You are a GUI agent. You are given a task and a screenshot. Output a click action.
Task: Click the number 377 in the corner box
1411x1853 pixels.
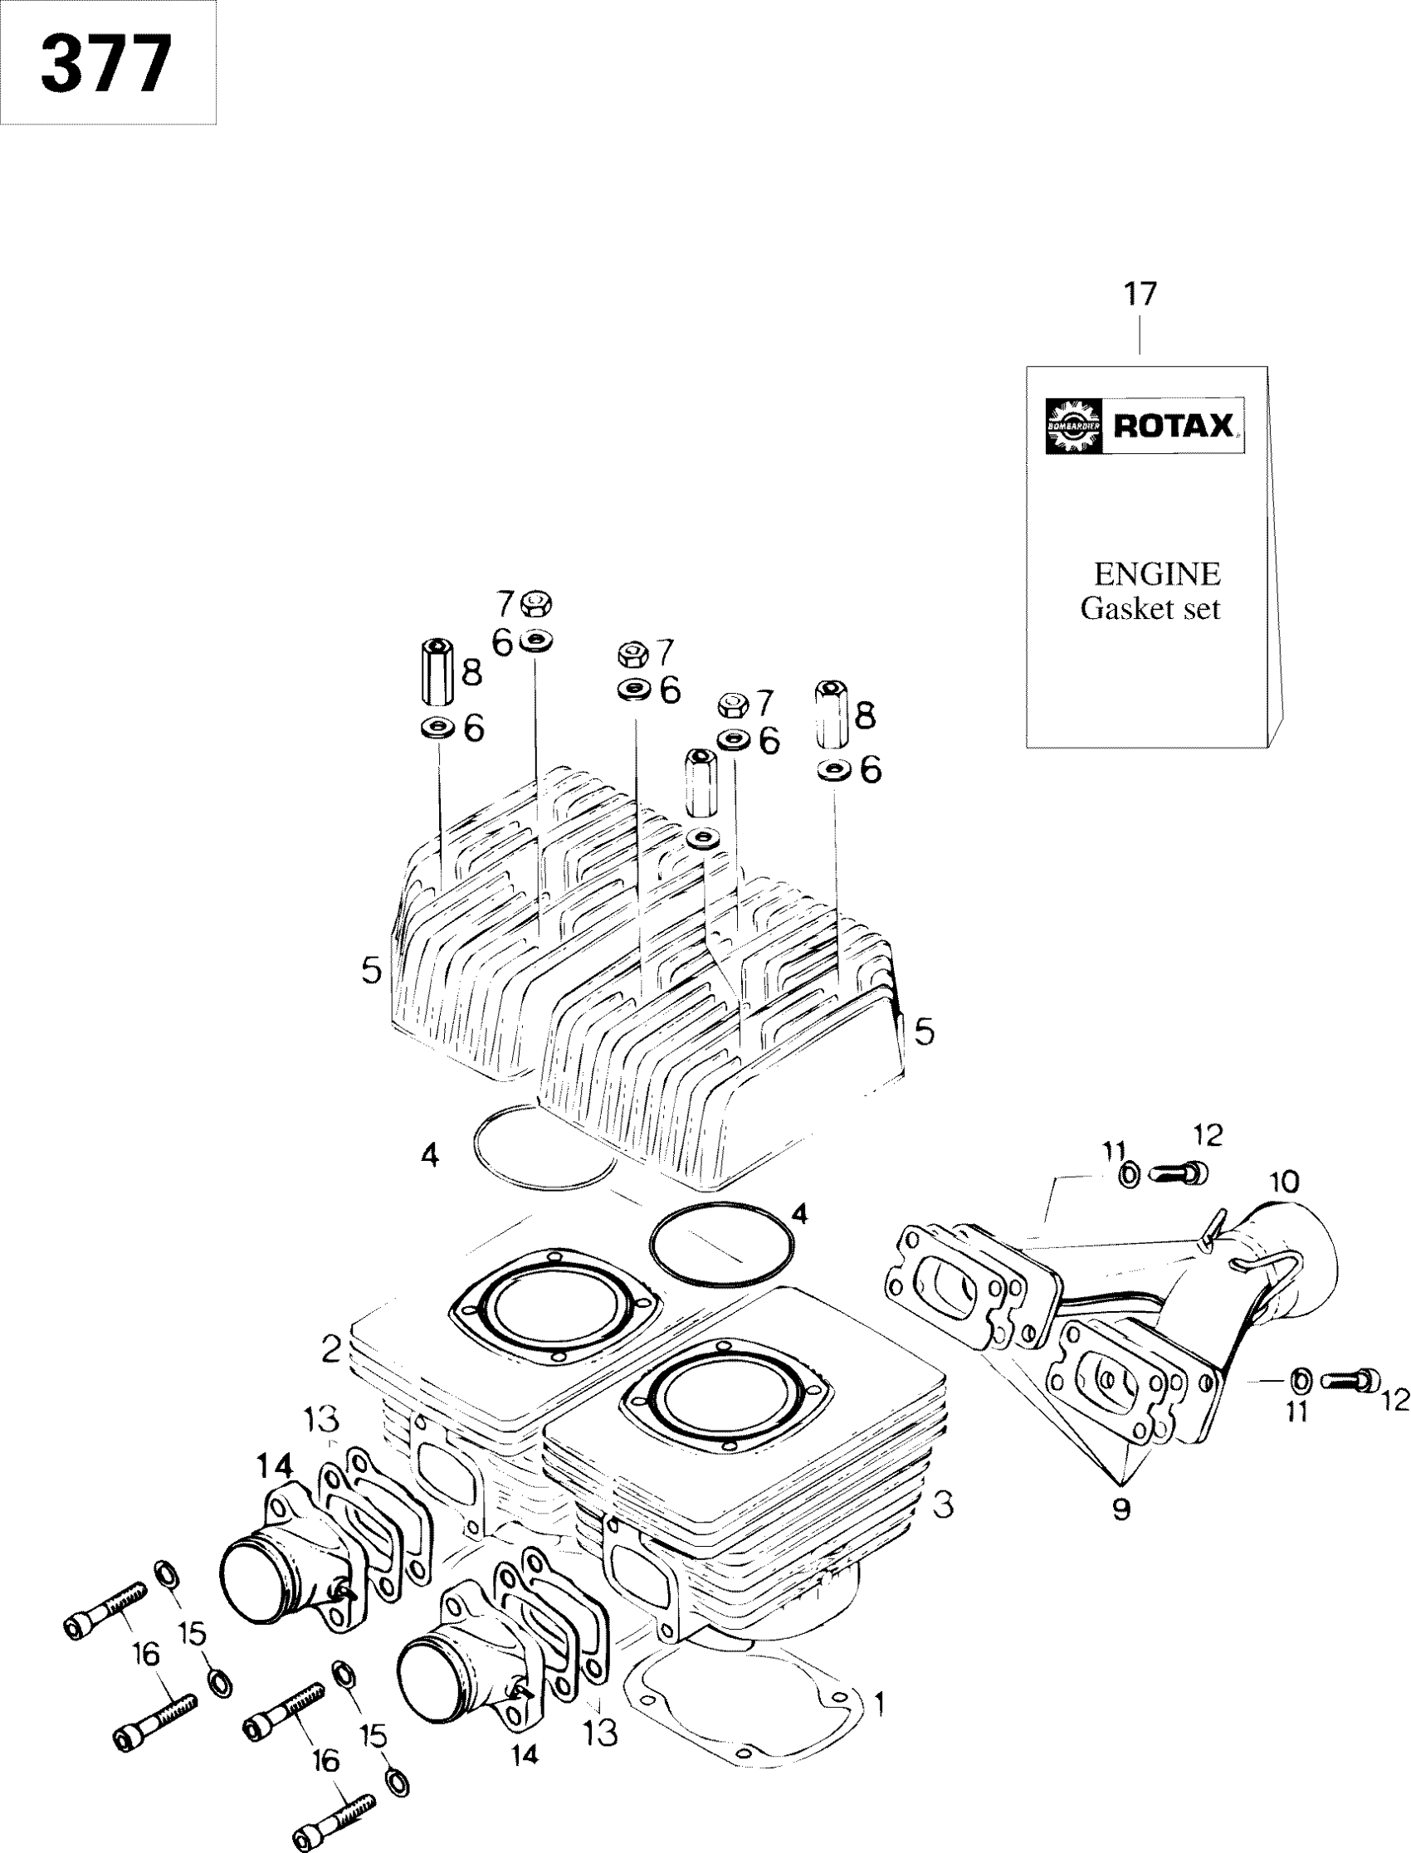tap(107, 65)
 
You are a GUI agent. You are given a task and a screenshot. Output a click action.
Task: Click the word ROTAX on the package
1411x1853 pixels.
tap(1174, 427)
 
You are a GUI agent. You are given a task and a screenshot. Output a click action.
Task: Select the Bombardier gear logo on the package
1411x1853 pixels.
tap(1072, 427)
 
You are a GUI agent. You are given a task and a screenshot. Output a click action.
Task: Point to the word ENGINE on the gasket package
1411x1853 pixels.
tap(1156, 574)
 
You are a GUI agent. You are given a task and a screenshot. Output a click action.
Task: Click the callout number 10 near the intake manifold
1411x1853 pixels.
tap(1284, 1183)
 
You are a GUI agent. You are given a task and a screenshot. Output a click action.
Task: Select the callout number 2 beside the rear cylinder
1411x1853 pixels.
tap(331, 1350)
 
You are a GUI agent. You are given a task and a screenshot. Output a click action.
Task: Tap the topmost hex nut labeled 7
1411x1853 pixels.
tap(532, 602)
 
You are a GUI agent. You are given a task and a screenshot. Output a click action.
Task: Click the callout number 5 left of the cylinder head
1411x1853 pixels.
tap(371, 972)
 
